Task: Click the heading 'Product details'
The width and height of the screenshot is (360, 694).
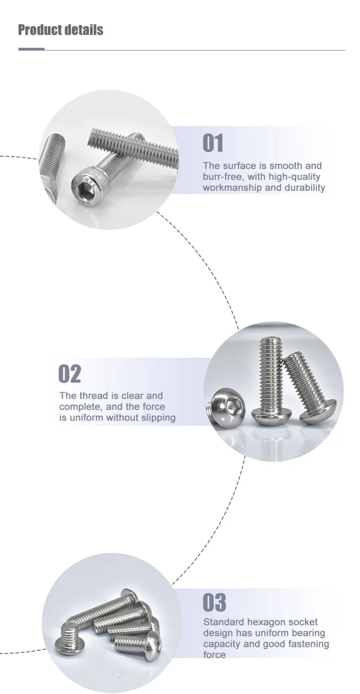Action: pyautogui.click(x=61, y=30)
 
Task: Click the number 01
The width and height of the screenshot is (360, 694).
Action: pyautogui.click(x=213, y=143)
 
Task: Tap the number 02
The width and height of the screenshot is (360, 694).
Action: pyautogui.click(x=69, y=374)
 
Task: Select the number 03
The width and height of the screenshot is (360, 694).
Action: pyautogui.click(x=214, y=602)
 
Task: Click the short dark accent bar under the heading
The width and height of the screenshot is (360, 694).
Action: pyautogui.click(x=31, y=49)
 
